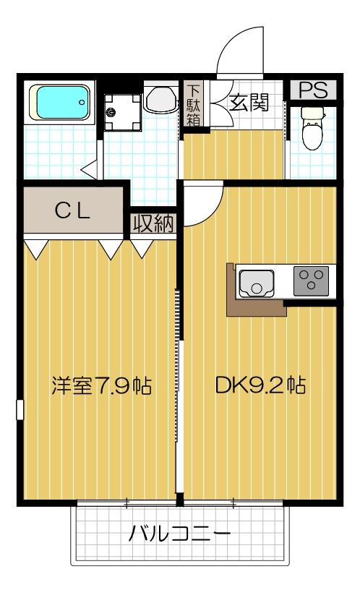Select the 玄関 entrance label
(x=249, y=103)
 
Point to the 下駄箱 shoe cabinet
(x=194, y=104)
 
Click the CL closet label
(x=73, y=212)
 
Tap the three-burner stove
(x=312, y=280)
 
